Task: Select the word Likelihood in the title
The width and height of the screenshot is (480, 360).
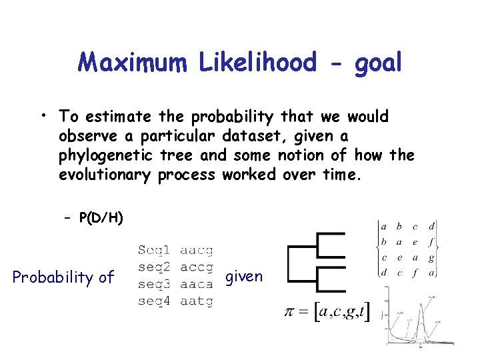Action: pos(257,63)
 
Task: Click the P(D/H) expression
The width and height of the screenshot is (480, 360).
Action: pos(101,218)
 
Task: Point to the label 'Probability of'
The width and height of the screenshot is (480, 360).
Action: pos(63,277)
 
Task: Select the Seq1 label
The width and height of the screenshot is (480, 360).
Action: pos(153,251)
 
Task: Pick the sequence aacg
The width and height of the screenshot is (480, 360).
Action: pos(196,251)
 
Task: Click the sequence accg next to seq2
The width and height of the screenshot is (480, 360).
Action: pos(196,267)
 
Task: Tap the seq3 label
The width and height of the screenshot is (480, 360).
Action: pos(153,284)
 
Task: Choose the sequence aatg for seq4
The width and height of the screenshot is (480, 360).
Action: pos(196,301)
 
